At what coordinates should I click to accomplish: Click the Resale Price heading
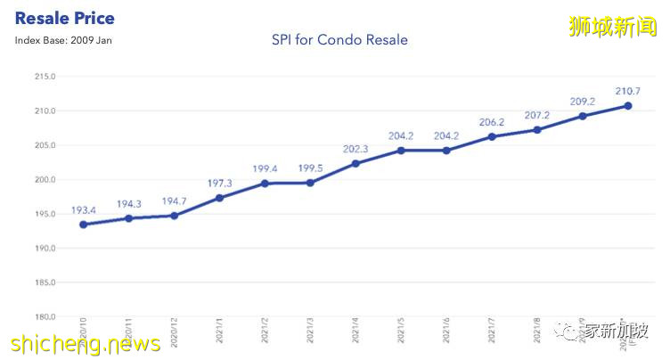[65, 18]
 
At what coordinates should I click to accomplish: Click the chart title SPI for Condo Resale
[339, 40]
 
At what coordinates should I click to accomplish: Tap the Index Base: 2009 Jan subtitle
[63, 40]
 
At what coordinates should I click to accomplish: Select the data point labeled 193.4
[83, 225]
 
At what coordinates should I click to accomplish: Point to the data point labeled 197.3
[219, 198]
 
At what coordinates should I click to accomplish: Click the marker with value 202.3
[355, 163]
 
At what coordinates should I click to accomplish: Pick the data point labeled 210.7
[628, 105]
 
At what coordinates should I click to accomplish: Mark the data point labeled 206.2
[492, 136]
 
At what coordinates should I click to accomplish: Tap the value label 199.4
[265, 168]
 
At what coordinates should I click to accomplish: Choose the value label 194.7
[174, 201]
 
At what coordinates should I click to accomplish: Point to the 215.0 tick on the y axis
[44, 77]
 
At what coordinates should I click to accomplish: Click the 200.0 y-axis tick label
[44, 180]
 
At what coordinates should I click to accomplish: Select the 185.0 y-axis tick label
[44, 282]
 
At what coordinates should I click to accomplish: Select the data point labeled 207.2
[537, 129]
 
